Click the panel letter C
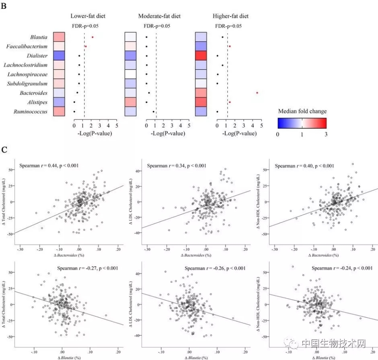click(5, 149)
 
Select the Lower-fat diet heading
click(88, 16)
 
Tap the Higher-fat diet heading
click(231, 16)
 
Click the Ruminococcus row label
click(33, 112)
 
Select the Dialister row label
click(37, 56)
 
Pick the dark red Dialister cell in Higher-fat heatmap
click(201, 56)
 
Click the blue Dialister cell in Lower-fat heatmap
click(58, 56)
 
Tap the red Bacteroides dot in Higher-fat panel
click(257, 93)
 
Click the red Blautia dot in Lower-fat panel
click(92, 37)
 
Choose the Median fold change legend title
click(302, 111)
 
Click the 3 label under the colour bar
click(326, 134)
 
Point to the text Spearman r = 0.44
click(48, 166)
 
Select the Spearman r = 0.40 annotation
click(305, 166)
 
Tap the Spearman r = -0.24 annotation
click(342, 268)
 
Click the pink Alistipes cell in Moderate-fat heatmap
click(130, 102)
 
